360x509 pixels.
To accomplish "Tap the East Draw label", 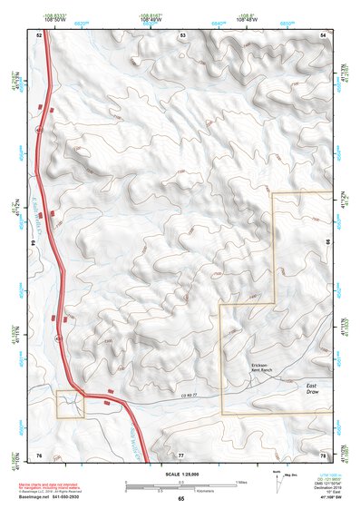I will point(311,387).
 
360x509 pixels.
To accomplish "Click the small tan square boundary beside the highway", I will point(70,404).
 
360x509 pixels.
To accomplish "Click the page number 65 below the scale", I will point(180,498).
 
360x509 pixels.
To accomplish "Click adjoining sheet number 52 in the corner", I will point(39,34).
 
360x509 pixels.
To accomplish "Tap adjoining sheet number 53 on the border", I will point(182,34).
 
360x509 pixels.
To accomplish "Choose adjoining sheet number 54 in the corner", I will point(323,34).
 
